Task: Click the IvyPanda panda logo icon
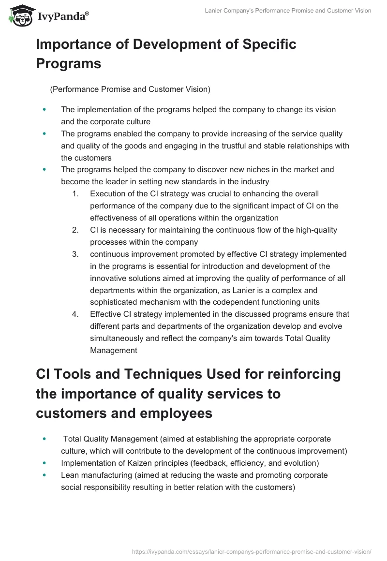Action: (x=20, y=16)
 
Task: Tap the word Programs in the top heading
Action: (x=69, y=63)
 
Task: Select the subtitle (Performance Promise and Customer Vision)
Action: (x=130, y=89)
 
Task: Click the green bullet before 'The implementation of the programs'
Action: (x=45, y=110)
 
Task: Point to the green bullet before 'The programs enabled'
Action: (x=45, y=133)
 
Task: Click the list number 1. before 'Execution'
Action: (x=75, y=193)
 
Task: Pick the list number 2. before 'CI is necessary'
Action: (x=75, y=230)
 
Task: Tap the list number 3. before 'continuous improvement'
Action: (x=75, y=254)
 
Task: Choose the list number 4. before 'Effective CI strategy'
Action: (x=75, y=314)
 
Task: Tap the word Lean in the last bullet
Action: (x=69, y=475)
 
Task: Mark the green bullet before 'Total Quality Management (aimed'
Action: (x=45, y=439)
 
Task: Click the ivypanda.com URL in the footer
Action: (x=252, y=551)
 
